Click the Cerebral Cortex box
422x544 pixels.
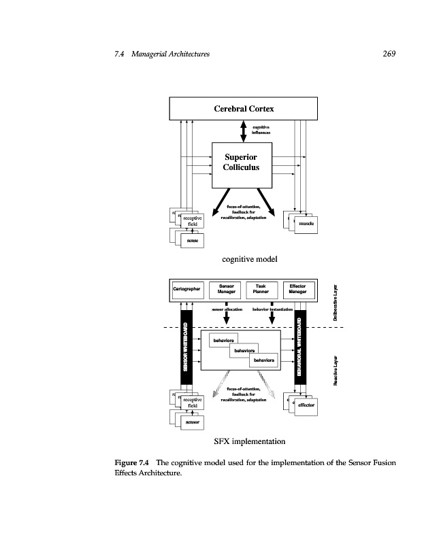[x=243, y=109]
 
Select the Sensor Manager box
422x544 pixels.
[x=227, y=288]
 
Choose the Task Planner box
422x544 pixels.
[x=261, y=288]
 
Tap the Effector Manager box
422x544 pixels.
[x=297, y=288]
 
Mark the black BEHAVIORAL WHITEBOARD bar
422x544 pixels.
[x=299, y=346]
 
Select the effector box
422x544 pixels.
[x=306, y=405]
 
